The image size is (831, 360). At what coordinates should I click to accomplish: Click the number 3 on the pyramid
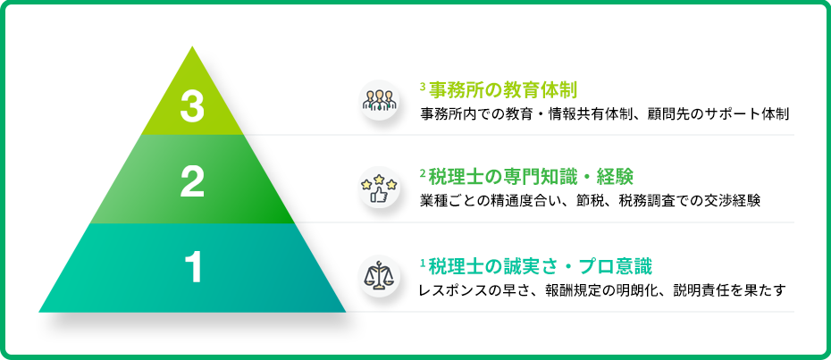[x=192, y=106]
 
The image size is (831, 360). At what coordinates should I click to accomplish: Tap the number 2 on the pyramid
[x=192, y=181]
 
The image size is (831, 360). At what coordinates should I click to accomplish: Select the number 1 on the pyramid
[x=194, y=268]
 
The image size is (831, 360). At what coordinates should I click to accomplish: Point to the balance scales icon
[x=379, y=276]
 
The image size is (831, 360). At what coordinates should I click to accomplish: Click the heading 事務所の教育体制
[x=502, y=90]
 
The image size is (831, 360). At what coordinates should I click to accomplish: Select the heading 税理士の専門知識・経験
[x=531, y=177]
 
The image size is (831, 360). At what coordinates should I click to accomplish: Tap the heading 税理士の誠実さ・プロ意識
[x=540, y=264]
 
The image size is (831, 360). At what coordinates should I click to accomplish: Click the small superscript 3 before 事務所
[x=423, y=85]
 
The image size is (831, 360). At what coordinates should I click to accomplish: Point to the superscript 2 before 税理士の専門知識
[x=423, y=172]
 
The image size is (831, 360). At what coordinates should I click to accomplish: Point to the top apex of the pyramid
[x=192, y=46]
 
